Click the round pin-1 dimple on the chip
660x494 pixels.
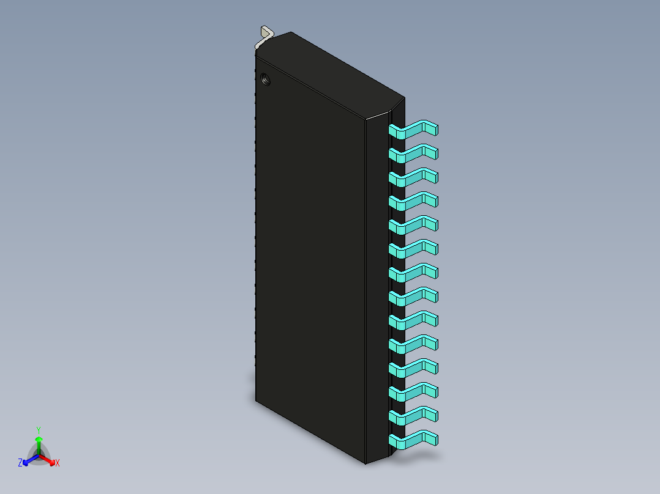point(266,79)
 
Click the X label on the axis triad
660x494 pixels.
point(58,463)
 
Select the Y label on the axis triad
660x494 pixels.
point(39,430)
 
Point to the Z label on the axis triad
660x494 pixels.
point(20,463)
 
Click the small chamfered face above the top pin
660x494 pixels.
point(397,112)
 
